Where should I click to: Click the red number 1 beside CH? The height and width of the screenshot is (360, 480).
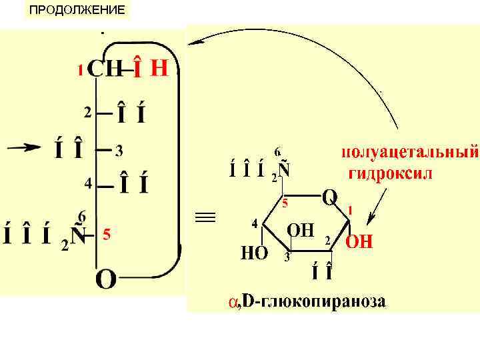point(81,69)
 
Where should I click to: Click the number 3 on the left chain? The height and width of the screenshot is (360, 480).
point(118,151)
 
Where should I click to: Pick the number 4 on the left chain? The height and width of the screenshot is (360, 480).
point(87,181)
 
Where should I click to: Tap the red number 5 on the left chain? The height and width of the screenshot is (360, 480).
point(106,235)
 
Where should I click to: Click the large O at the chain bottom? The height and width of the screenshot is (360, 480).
point(107,279)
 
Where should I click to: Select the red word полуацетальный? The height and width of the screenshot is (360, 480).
point(409,153)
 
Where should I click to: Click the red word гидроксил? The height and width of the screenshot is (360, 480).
point(391,175)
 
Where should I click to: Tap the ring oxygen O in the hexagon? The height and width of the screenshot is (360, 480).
point(329,197)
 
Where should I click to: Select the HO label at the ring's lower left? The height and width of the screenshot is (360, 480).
point(253,253)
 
